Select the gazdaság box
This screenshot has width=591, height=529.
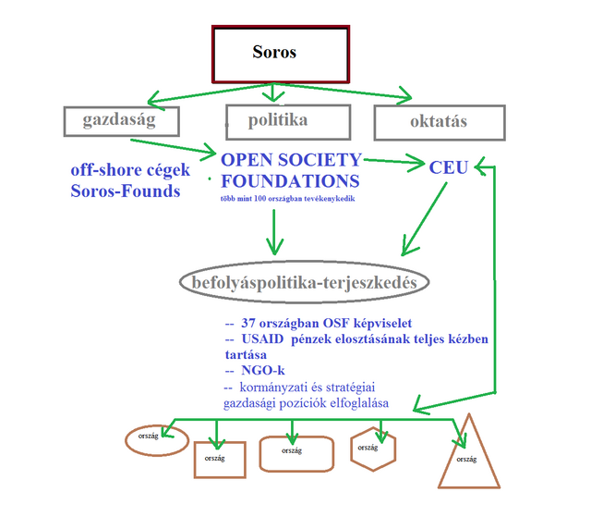tap(120, 121)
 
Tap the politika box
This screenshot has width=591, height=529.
tap(288, 121)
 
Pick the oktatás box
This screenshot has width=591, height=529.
tap(439, 122)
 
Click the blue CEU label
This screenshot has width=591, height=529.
tap(449, 167)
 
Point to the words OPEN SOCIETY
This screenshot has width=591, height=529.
tap(292, 159)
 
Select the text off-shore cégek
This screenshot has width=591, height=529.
tap(129, 171)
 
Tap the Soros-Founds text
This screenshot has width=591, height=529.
tap(125, 191)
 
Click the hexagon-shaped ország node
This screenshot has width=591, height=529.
tap(373, 449)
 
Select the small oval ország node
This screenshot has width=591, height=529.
tap(149, 439)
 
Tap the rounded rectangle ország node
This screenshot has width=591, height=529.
tap(295, 452)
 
